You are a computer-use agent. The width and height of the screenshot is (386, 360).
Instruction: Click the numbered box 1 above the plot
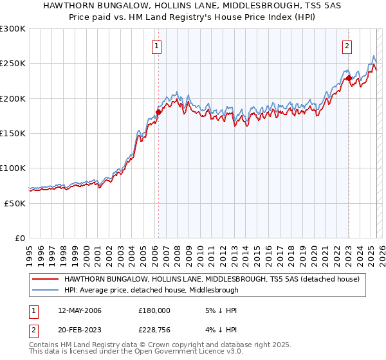[x=158, y=46]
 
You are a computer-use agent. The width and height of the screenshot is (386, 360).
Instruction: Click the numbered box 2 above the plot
[x=347, y=46]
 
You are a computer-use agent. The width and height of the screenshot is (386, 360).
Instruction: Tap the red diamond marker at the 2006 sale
[x=158, y=113]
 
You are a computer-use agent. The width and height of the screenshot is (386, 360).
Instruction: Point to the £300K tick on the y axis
[x=13, y=29]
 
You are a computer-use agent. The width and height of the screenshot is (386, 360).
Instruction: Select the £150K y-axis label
[x=13, y=133]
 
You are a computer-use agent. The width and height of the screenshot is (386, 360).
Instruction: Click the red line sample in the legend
[x=45, y=279]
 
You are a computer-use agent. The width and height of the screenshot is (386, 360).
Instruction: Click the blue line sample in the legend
[x=45, y=290]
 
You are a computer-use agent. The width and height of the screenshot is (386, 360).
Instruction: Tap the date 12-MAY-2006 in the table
[x=80, y=310]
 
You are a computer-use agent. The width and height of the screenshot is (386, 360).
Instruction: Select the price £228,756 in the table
[x=154, y=331]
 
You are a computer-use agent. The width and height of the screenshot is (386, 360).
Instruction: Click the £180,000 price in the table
[x=154, y=310]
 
